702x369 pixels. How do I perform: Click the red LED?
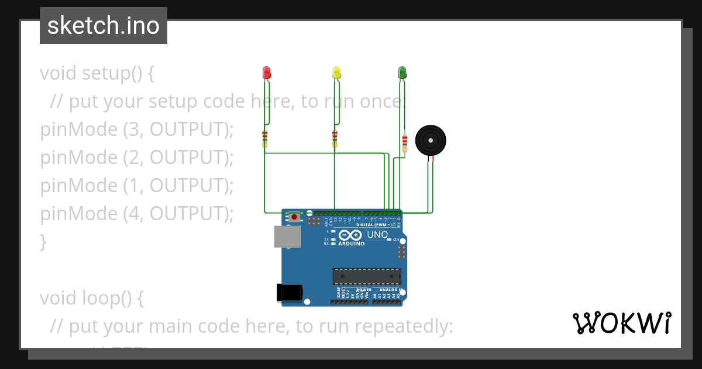pyautogui.click(x=267, y=73)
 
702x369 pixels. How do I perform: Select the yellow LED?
pyautogui.click(x=336, y=73)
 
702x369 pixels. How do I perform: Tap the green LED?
pyautogui.click(x=402, y=73)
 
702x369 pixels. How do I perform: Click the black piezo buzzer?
pyautogui.click(x=431, y=141)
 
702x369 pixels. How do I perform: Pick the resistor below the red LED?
pyautogui.click(x=265, y=139)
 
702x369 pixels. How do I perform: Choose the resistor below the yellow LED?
pyautogui.click(x=335, y=139)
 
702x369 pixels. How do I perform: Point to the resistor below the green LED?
pyautogui.click(x=405, y=142)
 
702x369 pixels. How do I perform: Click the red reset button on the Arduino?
pyautogui.click(x=294, y=217)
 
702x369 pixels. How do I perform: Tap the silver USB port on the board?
pyautogui.click(x=287, y=237)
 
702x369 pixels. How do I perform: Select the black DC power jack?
pyautogui.click(x=289, y=292)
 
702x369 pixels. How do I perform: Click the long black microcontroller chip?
pyautogui.click(x=367, y=276)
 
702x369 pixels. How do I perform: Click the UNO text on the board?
pyautogui.click(x=377, y=235)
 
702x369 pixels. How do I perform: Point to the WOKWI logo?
pyautogui.click(x=621, y=323)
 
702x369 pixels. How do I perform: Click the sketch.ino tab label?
pyautogui.click(x=104, y=26)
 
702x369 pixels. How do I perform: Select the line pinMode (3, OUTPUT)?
pyautogui.click(x=137, y=129)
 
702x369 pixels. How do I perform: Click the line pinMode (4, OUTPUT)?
pyautogui.click(x=137, y=214)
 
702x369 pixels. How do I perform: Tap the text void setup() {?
pyautogui.click(x=97, y=73)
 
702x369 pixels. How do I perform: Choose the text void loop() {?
pyautogui.click(x=92, y=298)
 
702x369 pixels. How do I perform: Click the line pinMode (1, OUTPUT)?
pyautogui.click(x=137, y=186)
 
